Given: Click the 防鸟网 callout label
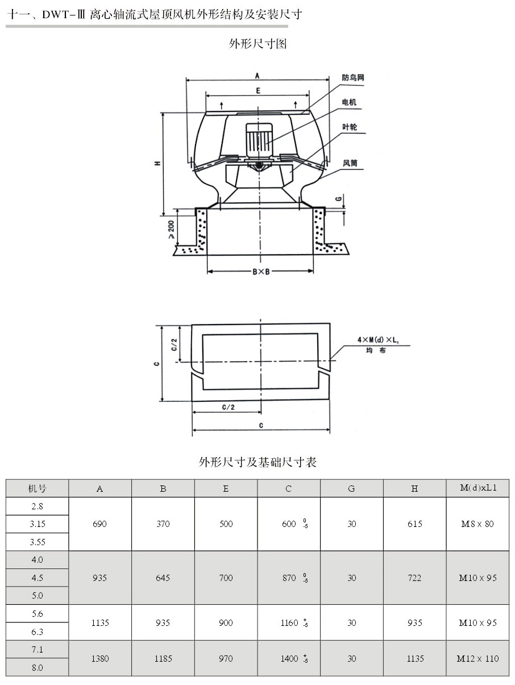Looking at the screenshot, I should (352, 78).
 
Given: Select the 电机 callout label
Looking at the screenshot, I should (349, 102).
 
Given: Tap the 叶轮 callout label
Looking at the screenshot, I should (350, 128).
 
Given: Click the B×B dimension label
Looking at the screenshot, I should (260, 272).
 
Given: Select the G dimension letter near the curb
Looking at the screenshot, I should (338, 199).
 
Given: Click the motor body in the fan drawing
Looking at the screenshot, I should (259, 140).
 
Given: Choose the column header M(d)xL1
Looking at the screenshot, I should (477, 488).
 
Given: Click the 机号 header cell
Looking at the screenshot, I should (38, 488).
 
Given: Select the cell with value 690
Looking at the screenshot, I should (100, 524).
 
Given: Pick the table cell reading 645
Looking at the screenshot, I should (163, 578).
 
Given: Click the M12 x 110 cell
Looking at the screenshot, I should (477, 658).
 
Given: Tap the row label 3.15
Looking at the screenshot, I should (38, 524).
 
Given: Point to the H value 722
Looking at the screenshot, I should (414, 578).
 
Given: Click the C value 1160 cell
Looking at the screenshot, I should (289, 622).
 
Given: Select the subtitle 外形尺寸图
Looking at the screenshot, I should (257, 44).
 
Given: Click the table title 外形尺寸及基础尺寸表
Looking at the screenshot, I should (257, 462).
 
